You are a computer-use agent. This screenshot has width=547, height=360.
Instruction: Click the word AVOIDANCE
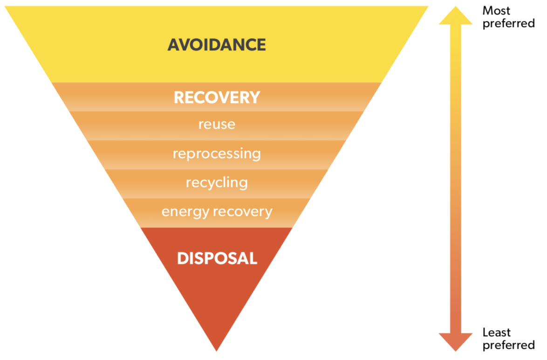pos(217,45)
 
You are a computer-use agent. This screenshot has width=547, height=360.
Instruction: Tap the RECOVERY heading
pos(217,97)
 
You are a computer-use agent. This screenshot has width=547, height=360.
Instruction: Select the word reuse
pos(217,125)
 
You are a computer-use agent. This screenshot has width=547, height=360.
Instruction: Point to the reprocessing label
pos(217,153)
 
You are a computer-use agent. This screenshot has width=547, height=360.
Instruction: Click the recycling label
pos(217,182)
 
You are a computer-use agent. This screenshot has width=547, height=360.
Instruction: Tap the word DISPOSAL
pos(217,258)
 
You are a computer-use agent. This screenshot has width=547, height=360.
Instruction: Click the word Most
pos(496,10)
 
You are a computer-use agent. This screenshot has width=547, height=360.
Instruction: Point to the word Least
pos(497,332)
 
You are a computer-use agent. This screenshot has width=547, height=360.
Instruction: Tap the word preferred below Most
pos(508,23)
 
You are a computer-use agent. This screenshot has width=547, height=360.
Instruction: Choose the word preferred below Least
pos(508,346)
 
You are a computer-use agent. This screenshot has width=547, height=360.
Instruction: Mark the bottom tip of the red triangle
pos(217,350)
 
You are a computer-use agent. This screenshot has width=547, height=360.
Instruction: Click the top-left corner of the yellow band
pos(7,7)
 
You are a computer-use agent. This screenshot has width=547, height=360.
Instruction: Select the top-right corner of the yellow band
pos(427,7)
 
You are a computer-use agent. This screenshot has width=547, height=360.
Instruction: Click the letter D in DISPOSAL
pos(182,258)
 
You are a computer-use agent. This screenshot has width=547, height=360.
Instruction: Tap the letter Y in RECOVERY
pos(254,97)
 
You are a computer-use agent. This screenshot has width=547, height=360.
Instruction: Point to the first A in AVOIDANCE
pos(174,45)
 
